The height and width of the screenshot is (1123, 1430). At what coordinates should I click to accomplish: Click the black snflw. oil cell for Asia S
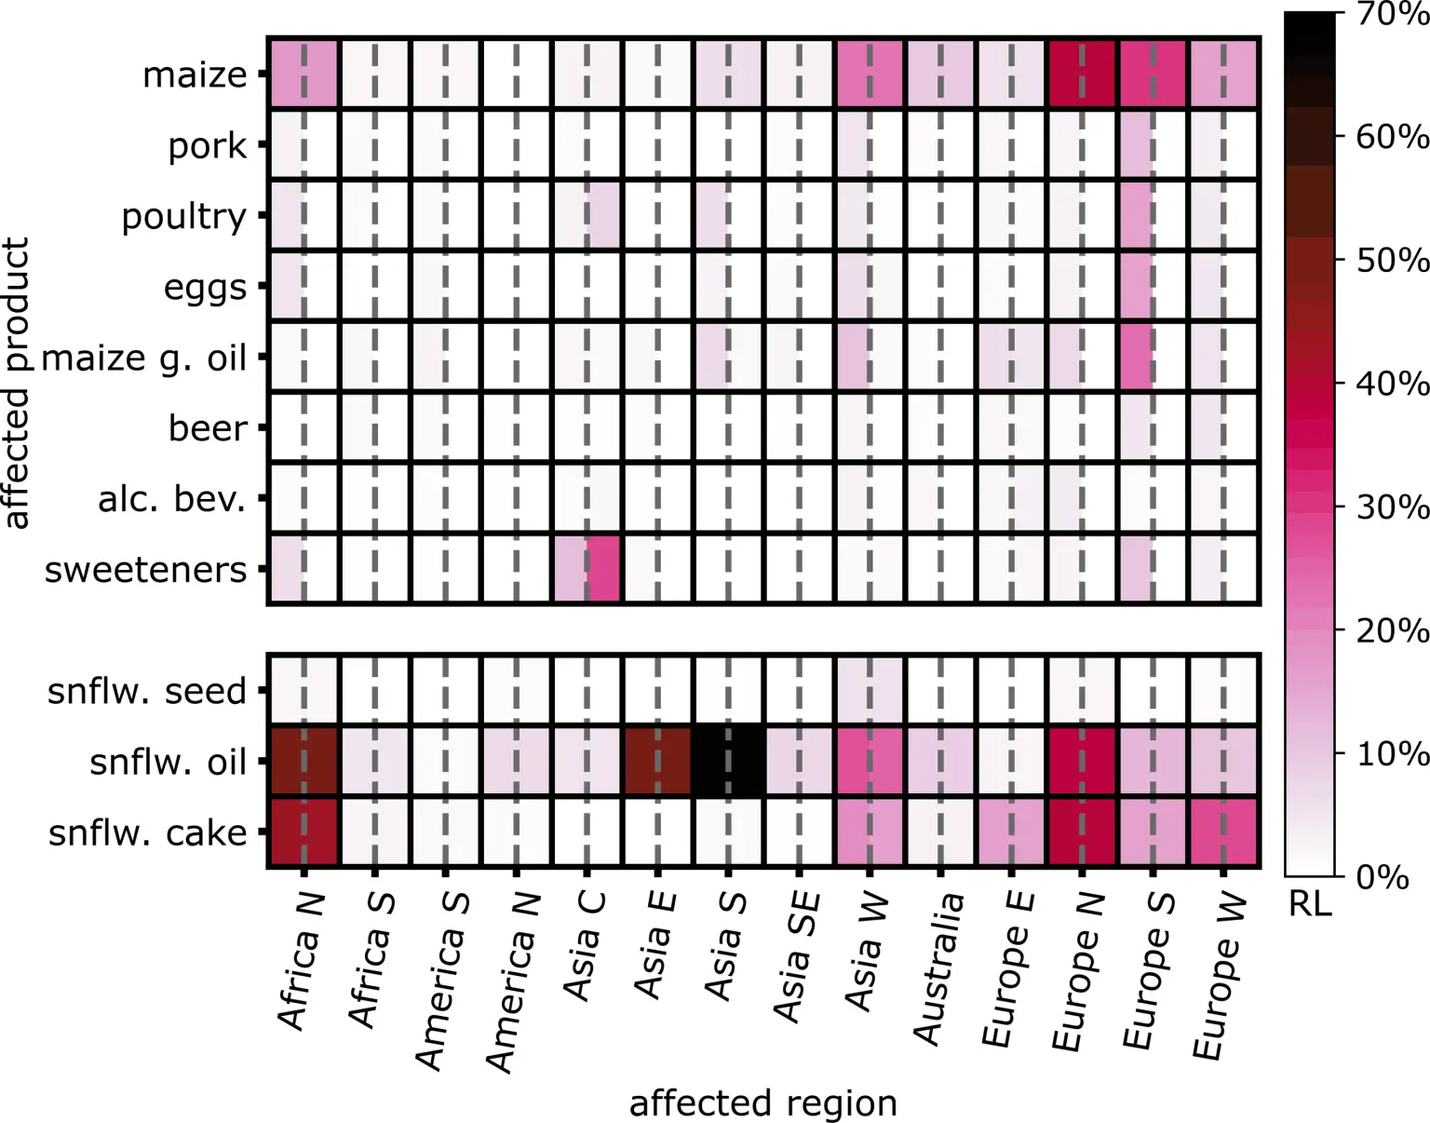728,762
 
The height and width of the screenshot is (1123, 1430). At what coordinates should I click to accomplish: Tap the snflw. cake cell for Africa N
304,832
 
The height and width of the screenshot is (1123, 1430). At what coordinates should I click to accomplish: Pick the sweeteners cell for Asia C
587,569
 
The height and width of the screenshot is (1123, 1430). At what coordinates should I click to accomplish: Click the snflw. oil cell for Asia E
657,762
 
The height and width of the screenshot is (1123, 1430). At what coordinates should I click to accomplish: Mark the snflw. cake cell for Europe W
1223,832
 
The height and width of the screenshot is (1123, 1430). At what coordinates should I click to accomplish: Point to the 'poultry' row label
184,216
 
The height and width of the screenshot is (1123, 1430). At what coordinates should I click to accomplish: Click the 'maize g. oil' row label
144,358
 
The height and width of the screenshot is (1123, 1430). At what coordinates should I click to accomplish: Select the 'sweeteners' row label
145,570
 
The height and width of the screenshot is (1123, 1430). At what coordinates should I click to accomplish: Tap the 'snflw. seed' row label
147,692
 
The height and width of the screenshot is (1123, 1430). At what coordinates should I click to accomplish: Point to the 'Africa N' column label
301,961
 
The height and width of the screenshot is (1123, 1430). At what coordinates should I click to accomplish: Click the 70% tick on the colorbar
1392,15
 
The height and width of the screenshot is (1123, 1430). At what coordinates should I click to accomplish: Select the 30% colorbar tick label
1392,507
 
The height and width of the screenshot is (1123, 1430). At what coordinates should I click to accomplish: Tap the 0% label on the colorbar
1383,877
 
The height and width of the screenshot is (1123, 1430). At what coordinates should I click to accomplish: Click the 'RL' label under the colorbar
1310,903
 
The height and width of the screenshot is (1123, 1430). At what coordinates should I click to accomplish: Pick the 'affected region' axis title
763,1103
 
